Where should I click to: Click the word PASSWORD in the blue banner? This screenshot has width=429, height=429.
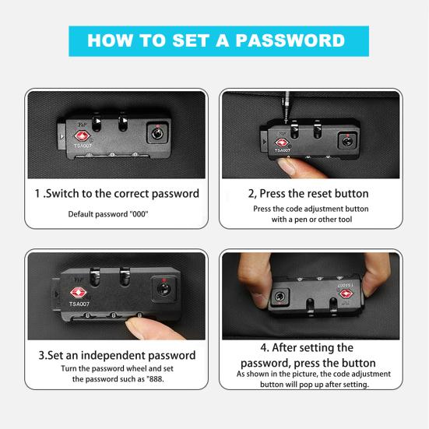click(290, 40)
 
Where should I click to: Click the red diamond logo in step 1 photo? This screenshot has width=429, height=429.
click(82, 136)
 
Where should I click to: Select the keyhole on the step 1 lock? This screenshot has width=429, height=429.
click(157, 133)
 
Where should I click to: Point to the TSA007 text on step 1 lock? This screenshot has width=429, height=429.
click(83, 146)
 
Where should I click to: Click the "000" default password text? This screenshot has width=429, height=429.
click(139, 214)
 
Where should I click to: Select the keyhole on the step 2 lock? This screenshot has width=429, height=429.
click(347, 141)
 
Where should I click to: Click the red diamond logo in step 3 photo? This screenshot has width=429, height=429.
click(79, 293)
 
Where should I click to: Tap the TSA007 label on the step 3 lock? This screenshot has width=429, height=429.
click(79, 304)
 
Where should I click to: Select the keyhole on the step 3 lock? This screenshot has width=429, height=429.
click(164, 290)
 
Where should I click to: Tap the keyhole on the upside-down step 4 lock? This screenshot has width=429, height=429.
click(280, 297)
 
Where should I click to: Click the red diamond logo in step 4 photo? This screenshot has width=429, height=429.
click(346, 294)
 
